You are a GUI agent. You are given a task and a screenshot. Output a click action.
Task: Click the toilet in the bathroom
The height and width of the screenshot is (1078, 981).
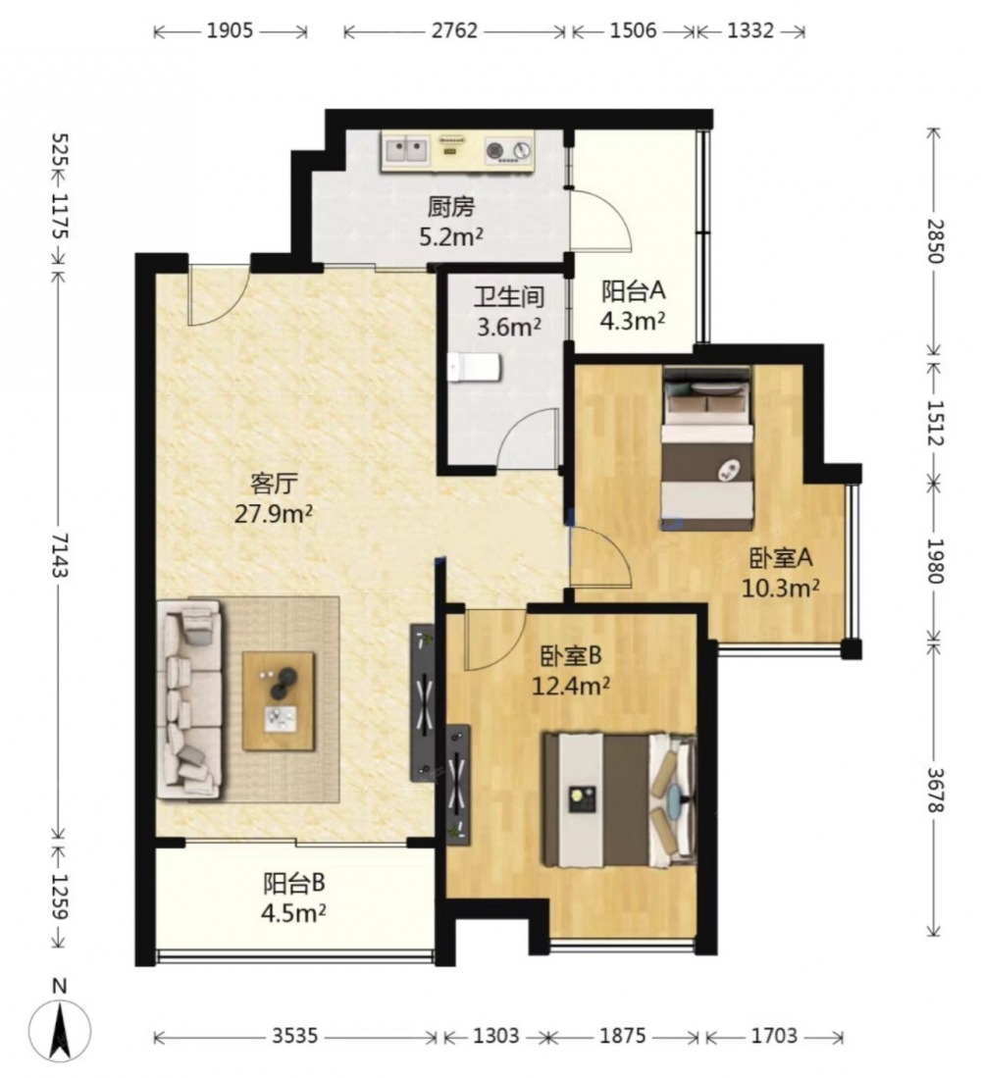point(474,368)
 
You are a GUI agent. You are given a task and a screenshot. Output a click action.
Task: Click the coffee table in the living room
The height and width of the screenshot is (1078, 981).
point(279,701)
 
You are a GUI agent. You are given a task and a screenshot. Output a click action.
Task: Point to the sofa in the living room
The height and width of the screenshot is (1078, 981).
point(189,699)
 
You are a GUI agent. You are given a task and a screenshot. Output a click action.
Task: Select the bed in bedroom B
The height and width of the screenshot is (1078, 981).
point(619,800)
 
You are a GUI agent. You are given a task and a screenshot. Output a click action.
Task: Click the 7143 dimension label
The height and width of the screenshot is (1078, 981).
point(60,554)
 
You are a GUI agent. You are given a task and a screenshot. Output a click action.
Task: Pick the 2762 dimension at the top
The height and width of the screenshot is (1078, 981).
point(454,31)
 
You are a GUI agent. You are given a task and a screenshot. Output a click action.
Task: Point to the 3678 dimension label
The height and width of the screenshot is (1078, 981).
point(934,790)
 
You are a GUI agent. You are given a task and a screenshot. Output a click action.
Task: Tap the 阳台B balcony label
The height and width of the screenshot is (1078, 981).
point(293,884)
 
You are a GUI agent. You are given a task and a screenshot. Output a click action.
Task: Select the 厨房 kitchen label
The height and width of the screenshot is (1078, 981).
point(451,207)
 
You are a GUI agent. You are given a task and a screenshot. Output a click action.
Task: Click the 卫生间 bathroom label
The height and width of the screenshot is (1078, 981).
point(509,297)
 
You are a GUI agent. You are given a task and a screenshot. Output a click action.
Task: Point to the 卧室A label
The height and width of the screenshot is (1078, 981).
point(780,558)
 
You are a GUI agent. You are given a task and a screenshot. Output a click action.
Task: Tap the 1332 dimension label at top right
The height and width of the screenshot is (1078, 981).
point(750,31)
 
